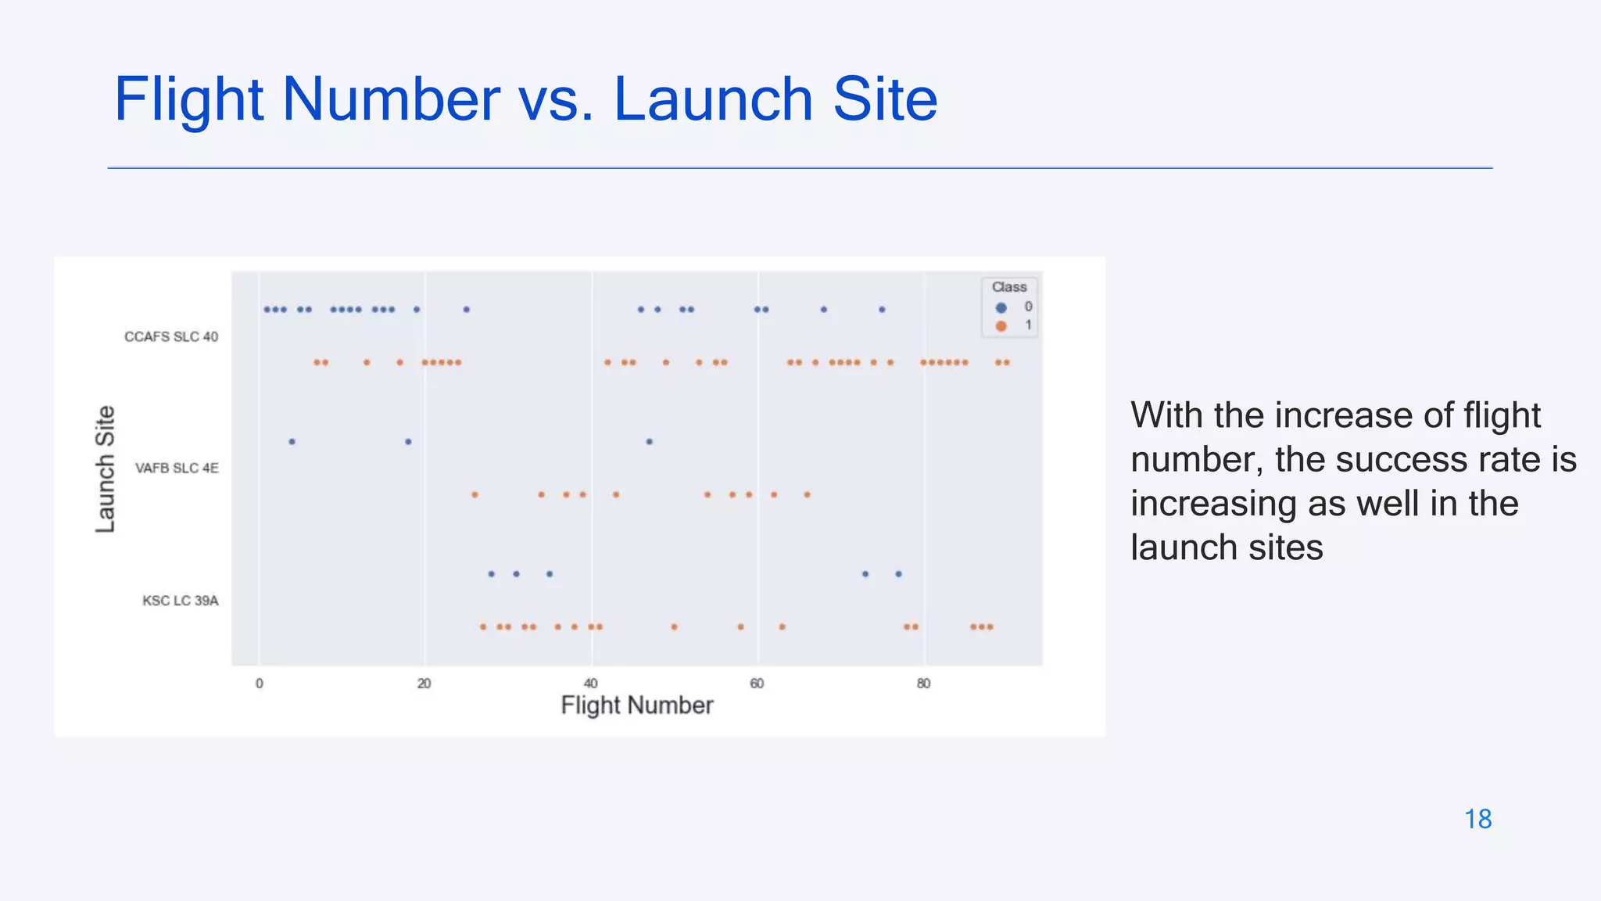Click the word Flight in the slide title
click(188, 99)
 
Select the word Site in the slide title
click(885, 99)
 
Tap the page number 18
click(1477, 819)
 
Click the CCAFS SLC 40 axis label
click(171, 337)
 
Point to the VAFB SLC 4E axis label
click(177, 468)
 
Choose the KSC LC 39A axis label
click(181, 601)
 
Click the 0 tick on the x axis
click(260, 684)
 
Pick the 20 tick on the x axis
click(424, 684)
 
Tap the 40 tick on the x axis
click(591, 684)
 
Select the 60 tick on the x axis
click(757, 684)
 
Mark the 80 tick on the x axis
click(923, 684)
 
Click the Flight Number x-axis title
click(637, 705)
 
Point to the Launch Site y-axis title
click(106, 469)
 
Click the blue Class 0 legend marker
click(1001, 307)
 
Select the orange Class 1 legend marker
click(1001, 325)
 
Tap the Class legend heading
click(1009, 287)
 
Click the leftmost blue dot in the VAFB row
click(292, 442)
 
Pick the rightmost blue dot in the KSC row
click(898, 574)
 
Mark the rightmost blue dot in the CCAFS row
click(882, 310)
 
